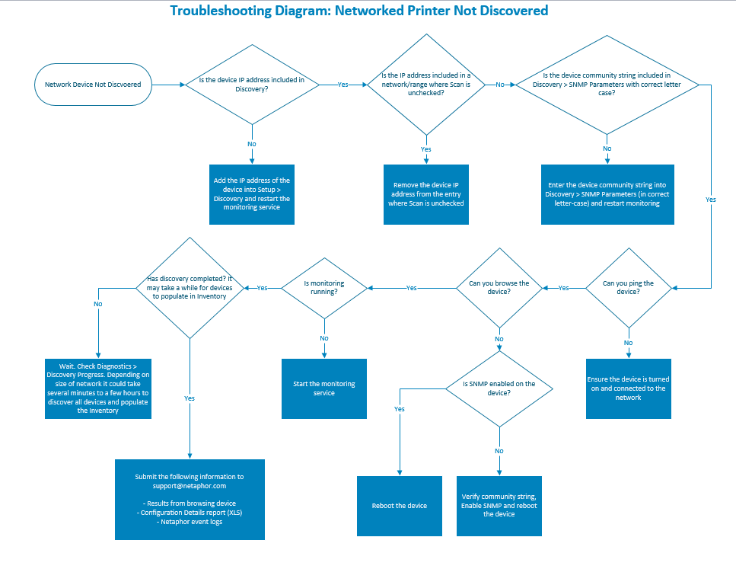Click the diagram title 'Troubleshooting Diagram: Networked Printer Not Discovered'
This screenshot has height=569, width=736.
(x=358, y=11)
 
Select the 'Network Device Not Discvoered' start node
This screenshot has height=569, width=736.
(x=93, y=85)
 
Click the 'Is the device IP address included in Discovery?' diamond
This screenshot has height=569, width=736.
(x=252, y=85)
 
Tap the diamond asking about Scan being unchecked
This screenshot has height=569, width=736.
(x=425, y=84)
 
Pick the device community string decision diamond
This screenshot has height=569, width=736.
(x=607, y=85)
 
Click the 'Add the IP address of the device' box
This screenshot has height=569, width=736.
(x=252, y=194)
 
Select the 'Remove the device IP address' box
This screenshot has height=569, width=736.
(x=425, y=194)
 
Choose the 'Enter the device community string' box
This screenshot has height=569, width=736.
(x=607, y=194)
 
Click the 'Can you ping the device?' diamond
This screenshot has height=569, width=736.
(x=628, y=288)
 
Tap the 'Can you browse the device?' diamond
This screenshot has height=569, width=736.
(x=499, y=288)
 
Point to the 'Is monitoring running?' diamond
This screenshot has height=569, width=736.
(x=324, y=288)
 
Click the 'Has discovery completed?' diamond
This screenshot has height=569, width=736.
(x=189, y=288)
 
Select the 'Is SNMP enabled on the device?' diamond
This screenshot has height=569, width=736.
(x=499, y=388)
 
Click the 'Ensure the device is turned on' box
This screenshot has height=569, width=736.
(x=628, y=388)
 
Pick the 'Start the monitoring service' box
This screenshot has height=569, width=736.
(x=324, y=388)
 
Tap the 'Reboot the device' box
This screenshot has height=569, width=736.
(x=400, y=506)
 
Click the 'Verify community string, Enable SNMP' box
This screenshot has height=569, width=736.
(x=499, y=506)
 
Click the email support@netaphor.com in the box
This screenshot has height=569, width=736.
(x=190, y=485)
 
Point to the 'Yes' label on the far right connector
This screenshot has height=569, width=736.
(x=711, y=200)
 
